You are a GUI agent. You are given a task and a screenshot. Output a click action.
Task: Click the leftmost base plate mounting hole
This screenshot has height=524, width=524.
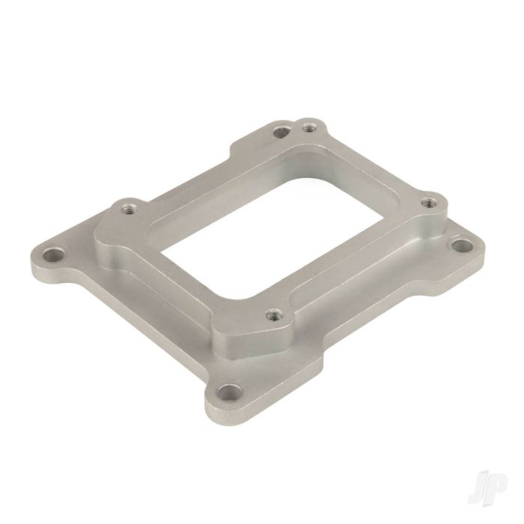pos(53,257)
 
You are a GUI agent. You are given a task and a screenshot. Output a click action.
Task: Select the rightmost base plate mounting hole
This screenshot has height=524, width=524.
pos(462,246)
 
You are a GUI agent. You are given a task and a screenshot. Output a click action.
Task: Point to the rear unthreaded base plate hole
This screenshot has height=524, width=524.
pos(280,132)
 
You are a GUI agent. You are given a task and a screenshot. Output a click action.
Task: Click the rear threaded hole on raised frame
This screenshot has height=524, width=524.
pos(309,127)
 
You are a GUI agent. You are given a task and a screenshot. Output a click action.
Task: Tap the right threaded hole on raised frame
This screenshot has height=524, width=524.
pos(428,203)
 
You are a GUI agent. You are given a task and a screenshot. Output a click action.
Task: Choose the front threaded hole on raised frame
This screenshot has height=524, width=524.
pos(274,314)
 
